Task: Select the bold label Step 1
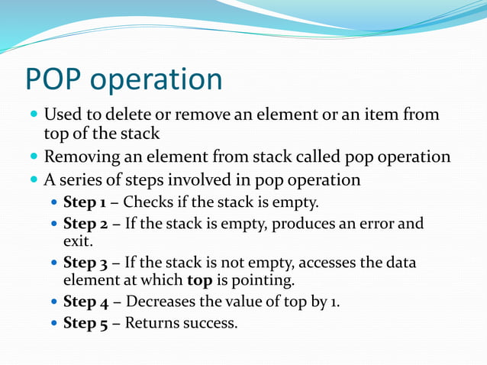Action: (85, 203)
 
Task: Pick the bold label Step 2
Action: (85, 224)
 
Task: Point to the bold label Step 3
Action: (85, 263)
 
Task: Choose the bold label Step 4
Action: (85, 302)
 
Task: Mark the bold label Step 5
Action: (85, 324)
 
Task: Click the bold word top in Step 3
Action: (199, 281)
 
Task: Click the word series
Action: (83, 180)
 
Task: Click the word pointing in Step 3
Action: (249, 281)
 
